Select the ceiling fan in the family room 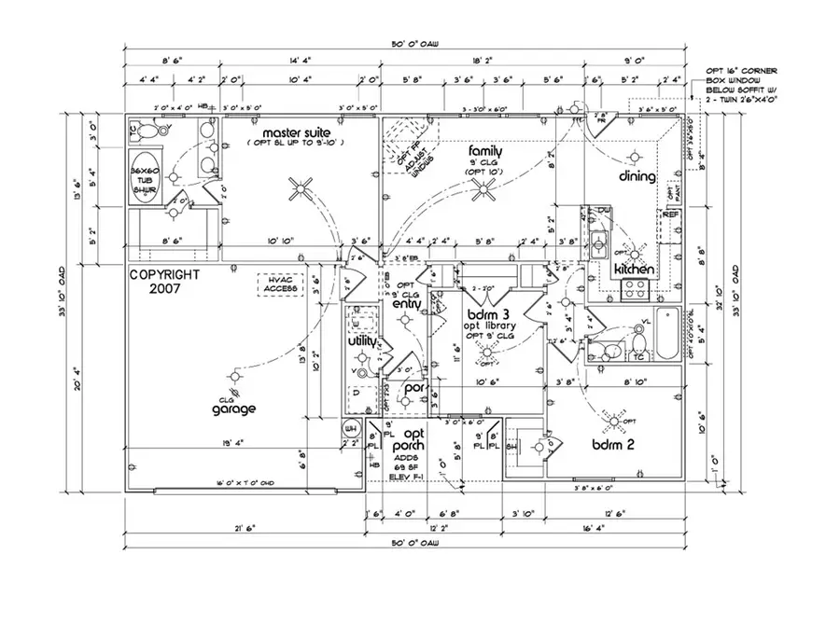pyautogui.click(x=485, y=191)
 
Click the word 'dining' pyautogui.click(x=637, y=176)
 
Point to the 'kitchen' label pyautogui.click(x=633, y=270)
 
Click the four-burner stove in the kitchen pyautogui.click(x=637, y=288)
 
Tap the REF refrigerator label pyautogui.click(x=670, y=215)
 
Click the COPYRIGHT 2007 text pyautogui.click(x=164, y=282)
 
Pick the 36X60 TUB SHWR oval pyautogui.click(x=145, y=179)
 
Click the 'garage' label pyautogui.click(x=233, y=408)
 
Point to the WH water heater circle pyautogui.click(x=351, y=428)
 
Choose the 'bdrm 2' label pyautogui.click(x=613, y=445)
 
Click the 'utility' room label pyautogui.click(x=362, y=342)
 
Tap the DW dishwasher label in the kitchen pyautogui.click(x=604, y=212)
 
